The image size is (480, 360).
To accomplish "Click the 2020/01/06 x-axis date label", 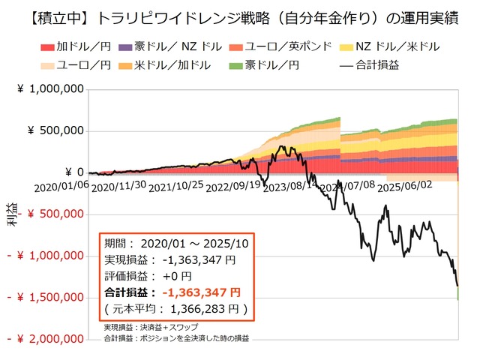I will click(x=61, y=184).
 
